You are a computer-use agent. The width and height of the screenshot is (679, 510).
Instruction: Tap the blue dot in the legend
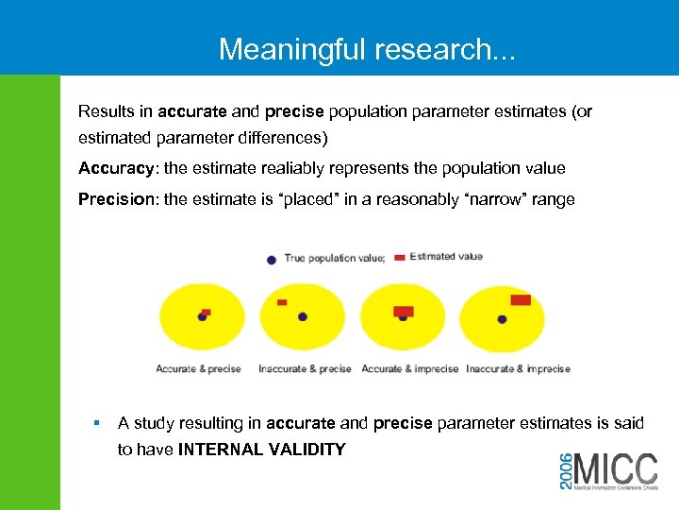coord(272,259)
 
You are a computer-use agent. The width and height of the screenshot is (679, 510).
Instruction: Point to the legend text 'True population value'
coord(334,259)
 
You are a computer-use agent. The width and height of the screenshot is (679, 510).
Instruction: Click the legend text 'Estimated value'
coord(446,257)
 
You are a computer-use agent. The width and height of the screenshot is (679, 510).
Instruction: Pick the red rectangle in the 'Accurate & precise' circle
coord(207,312)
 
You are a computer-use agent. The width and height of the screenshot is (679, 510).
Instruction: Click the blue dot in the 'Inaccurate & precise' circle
coord(303,317)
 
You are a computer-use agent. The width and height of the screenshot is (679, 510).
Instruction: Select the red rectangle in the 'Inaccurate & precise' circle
coord(282,302)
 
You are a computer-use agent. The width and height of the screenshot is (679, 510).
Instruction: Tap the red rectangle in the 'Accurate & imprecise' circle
coord(404,311)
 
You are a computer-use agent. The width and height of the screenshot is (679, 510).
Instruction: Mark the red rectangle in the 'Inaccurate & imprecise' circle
coord(521,300)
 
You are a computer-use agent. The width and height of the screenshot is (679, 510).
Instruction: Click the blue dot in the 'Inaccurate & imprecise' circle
coord(502,319)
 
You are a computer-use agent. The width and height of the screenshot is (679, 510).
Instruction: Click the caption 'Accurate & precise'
coord(198,369)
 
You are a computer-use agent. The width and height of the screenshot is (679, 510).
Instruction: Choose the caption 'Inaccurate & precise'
coord(305,369)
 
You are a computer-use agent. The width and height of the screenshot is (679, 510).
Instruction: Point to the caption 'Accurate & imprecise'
coord(410,369)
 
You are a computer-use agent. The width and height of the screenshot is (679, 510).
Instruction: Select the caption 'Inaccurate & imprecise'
coord(518,369)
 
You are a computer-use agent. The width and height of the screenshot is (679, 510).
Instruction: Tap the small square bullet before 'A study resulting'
coord(96,424)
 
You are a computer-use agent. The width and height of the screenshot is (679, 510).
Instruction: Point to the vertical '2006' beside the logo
coord(566,468)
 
